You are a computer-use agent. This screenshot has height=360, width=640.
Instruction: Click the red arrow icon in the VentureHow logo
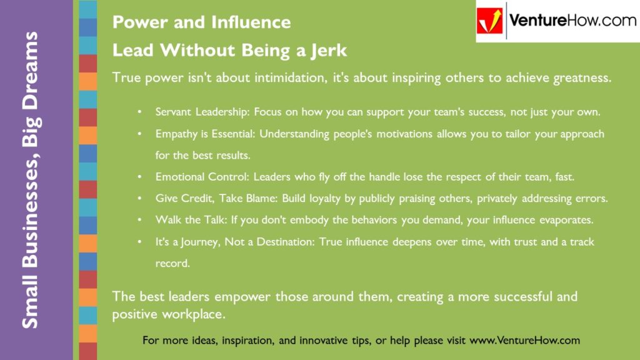491,21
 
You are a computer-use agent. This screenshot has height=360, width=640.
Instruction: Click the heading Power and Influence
201,22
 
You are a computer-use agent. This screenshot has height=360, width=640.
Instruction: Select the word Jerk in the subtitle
327,50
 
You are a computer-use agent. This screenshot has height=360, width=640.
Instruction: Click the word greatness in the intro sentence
577,79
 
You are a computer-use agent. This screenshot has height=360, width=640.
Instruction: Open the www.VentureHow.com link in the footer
524,341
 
